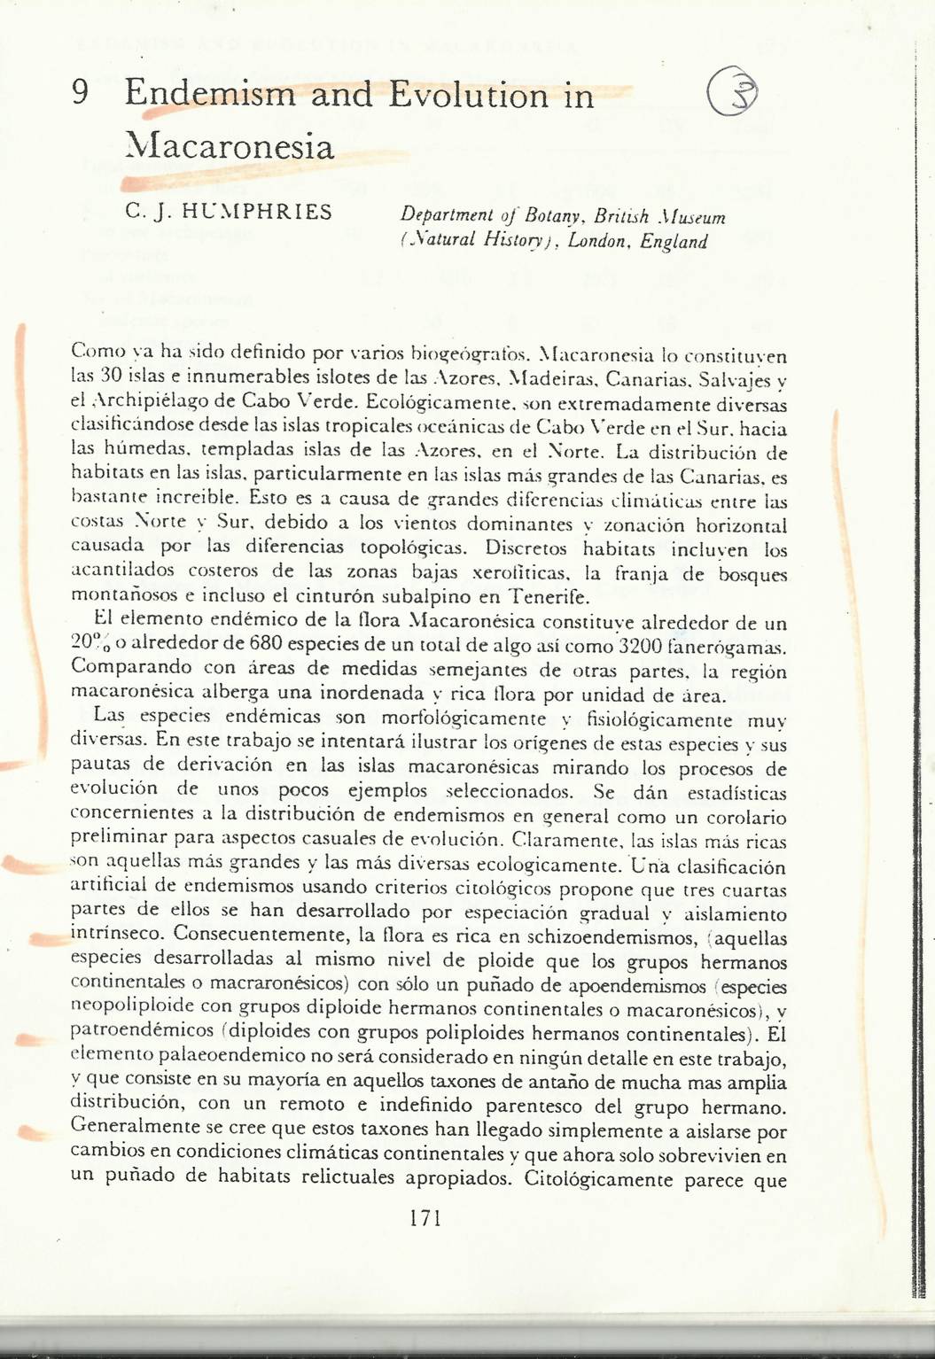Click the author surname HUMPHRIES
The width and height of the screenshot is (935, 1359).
(255, 213)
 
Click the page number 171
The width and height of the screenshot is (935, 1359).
(425, 1218)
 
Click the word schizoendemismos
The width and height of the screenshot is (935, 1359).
(611, 936)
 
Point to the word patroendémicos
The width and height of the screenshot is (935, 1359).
(142, 1032)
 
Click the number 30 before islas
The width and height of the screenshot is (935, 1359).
(110, 375)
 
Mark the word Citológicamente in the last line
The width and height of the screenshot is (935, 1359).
(599, 1179)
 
